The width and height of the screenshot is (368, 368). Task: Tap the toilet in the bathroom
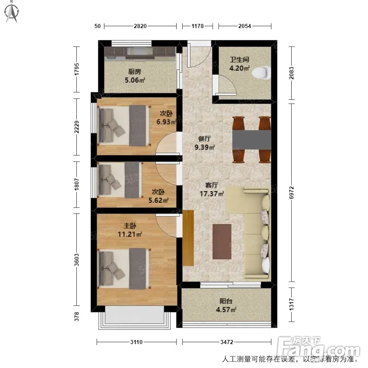coord(261,72)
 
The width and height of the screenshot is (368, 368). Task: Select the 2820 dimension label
coord(140,26)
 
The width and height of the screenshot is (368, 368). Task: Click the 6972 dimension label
coord(291,192)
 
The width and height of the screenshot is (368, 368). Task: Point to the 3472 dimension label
coord(227,342)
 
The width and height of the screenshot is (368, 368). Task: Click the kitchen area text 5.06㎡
coord(135,80)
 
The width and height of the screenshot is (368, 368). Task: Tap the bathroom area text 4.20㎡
coord(239,68)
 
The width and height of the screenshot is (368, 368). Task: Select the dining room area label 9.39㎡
coord(205,147)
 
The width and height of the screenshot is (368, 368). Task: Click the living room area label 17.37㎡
coord(212,194)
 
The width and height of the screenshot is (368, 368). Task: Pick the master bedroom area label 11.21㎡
coord(130,234)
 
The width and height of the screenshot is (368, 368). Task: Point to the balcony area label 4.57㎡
coord(226,310)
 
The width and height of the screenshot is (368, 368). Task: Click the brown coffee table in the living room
coord(222,241)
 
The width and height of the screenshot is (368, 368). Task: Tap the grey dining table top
coord(252,139)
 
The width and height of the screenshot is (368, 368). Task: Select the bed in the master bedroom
coord(124,269)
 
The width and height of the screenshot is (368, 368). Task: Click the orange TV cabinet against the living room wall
coord(188,238)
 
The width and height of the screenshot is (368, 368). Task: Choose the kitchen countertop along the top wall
coord(140,52)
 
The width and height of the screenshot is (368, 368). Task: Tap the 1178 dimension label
coord(198,26)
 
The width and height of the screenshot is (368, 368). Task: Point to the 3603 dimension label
coord(76,260)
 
